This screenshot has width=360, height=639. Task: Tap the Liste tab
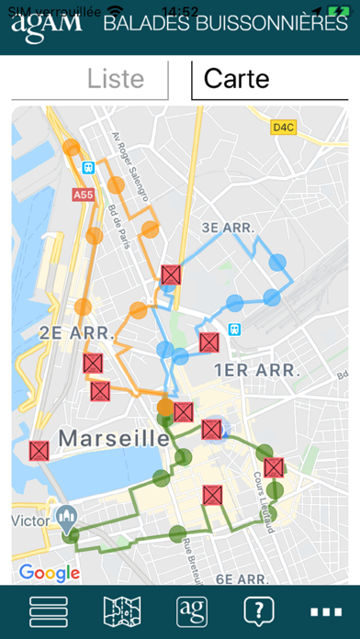pyautogui.click(x=117, y=79)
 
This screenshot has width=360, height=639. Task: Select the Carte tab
pyautogui.click(x=237, y=79)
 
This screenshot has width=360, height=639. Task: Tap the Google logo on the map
pyautogui.click(x=49, y=573)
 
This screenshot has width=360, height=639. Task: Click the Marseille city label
pyautogui.click(x=116, y=439)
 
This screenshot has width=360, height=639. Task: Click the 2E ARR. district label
pyautogui.click(x=75, y=331)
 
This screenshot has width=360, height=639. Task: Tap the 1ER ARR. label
pyautogui.click(x=258, y=371)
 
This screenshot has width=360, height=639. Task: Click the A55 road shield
pyautogui.click(x=84, y=195)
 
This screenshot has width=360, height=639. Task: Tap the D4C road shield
pyautogui.click(x=283, y=128)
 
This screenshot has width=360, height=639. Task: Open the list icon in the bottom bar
pyautogui.click(x=49, y=612)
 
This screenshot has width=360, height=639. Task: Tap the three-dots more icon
pyautogui.click(x=325, y=612)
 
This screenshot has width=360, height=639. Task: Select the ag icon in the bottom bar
pyautogui.click(x=191, y=612)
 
